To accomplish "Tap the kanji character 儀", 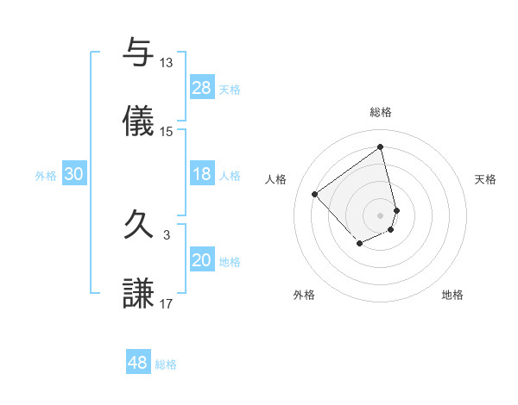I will pyautogui.click(x=139, y=122).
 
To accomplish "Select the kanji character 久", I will pyautogui.click(x=139, y=226).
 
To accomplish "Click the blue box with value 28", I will pyautogui.click(x=202, y=88).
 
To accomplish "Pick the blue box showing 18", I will pyautogui.click(x=202, y=175).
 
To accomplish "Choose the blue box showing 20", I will pyautogui.click(x=202, y=260).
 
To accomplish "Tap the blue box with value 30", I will pyautogui.click(x=73, y=175).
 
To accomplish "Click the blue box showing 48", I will pyautogui.click(x=138, y=363).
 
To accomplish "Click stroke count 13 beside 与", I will pyautogui.click(x=167, y=63).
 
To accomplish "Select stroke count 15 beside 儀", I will pyautogui.click(x=167, y=132).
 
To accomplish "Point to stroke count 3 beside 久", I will pyautogui.click(x=167, y=234).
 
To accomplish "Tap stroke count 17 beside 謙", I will pyautogui.click(x=167, y=303).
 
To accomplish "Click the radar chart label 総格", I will pyautogui.click(x=381, y=112).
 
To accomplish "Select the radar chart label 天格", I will pyautogui.click(x=486, y=179).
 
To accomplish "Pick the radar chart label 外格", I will pyautogui.click(x=304, y=296).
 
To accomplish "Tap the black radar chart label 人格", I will pyautogui.click(x=276, y=179).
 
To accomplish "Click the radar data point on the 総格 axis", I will pyautogui.click(x=381, y=146).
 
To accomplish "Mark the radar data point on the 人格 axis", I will pyautogui.click(x=315, y=195).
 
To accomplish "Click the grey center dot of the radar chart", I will pyautogui.click(x=381, y=215).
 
